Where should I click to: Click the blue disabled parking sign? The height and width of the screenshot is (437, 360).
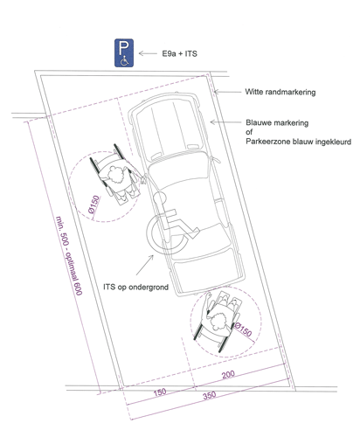[124, 53]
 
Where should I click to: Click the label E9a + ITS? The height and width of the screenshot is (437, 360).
[179, 53]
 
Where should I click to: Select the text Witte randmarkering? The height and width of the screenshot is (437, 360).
[280, 92]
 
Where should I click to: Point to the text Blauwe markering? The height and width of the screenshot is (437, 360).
[277, 122]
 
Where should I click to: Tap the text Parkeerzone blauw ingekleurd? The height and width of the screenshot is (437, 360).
[299, 142]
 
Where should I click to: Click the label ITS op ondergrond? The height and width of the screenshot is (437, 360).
[136, 287]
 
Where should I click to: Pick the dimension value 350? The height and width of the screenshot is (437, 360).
[210, 396]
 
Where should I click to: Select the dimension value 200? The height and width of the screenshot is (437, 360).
[228, 375]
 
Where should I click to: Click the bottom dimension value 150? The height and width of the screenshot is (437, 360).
[160, 392]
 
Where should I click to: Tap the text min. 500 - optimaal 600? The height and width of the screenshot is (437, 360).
[69, 255]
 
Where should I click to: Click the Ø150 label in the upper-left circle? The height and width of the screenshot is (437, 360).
[93, 205]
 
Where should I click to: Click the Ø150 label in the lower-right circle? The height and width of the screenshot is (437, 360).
[243, 329]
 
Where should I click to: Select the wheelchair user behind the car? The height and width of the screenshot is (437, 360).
[218, 320]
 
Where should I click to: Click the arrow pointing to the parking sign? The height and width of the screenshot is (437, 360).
[148, 53]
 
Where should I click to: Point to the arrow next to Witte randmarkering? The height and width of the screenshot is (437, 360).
[227, 92]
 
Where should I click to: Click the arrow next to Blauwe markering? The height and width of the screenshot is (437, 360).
[225, 122]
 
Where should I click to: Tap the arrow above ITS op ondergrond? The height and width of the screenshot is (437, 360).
[145, 265]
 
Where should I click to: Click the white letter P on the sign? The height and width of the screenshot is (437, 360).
[123, 48]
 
